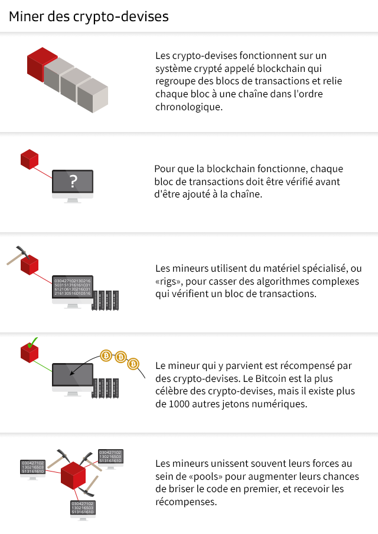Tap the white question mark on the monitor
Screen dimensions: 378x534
pos(73,182)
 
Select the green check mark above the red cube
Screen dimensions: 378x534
pos(32,343)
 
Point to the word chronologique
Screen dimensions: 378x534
pos(188,107)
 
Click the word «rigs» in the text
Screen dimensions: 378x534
pos(168,281)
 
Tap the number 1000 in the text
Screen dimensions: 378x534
pos(179,404)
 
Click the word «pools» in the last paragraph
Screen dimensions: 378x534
pos(210,476)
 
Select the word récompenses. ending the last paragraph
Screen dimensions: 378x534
pos(186,502)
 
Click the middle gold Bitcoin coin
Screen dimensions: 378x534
pos(120,357)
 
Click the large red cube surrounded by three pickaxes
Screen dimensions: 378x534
pos(73,476)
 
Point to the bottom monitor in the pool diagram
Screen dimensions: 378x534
pos(83,510)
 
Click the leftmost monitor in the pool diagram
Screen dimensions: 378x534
pos(32,469)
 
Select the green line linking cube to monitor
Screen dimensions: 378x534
pos(43,366)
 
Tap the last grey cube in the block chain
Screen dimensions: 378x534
pos(93,95)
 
